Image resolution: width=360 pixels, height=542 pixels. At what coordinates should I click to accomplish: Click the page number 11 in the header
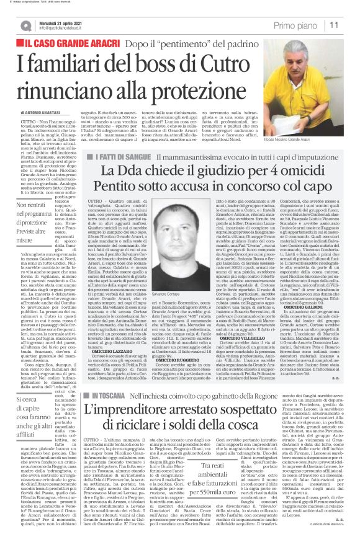point(350,25)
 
